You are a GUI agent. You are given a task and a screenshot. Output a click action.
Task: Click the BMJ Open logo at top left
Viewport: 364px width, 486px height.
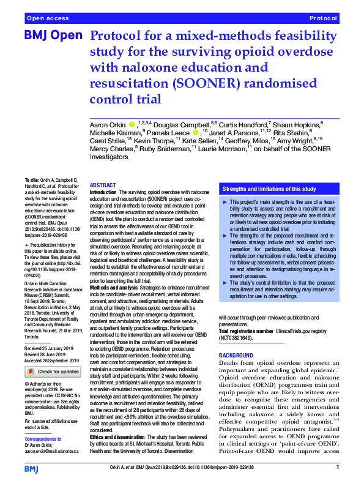(x=53, y=36)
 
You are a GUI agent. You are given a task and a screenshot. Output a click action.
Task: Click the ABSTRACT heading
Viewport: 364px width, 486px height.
(x=103, y=185)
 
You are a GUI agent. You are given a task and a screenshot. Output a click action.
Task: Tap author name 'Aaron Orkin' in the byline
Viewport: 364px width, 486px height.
(x=108, y=124)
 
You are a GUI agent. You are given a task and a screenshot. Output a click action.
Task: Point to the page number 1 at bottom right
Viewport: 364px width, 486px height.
(x=338, y=468)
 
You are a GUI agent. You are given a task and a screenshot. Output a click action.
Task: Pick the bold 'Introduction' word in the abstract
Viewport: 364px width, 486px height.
(x=103, y=192)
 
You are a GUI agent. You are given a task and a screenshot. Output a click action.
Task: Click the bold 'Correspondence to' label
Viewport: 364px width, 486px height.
(x=43, y=439)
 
